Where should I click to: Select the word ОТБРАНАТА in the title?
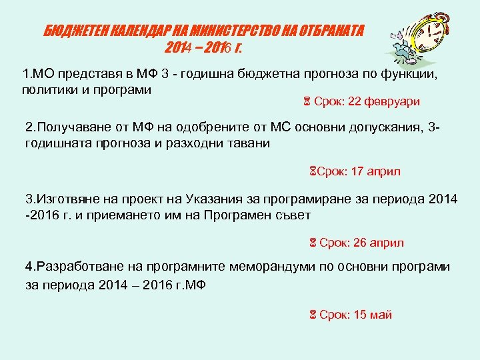pos(331,31)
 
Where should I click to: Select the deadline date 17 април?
pos(375,172)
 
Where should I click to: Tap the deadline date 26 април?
pos(378,243)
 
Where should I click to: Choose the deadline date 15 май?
pos(373,315)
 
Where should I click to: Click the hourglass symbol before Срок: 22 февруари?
pos(307,102)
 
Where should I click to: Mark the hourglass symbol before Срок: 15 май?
pos(311,315)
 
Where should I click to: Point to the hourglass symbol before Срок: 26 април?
pos(311,243)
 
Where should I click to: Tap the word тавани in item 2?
pos(249,143)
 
